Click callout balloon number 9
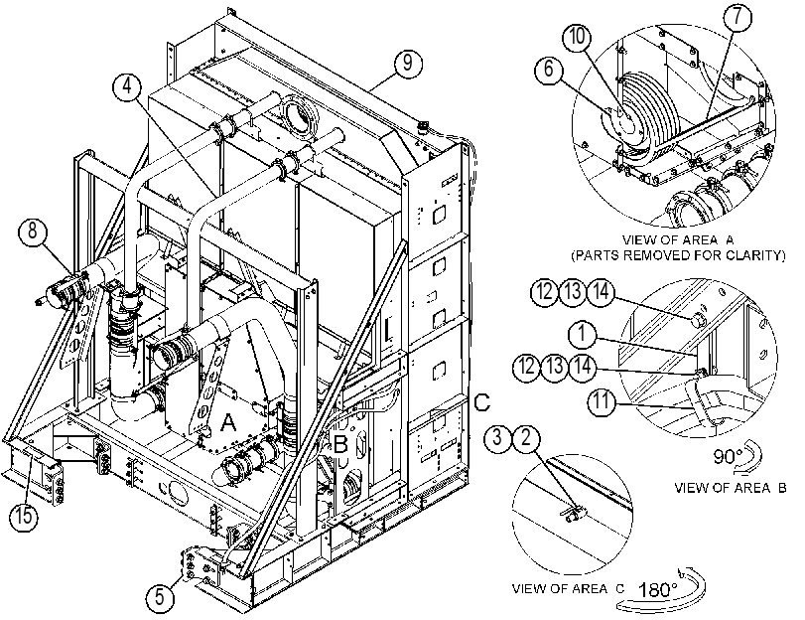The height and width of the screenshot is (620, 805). tap(408, 64)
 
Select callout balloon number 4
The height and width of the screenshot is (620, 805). tap(126, 85)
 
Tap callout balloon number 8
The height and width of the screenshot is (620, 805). tap(33, 232)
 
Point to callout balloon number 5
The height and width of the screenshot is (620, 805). tap(160, 597)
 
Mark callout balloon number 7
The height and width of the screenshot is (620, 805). tap(738, 17)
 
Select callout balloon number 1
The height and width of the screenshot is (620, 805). tap(582, 334)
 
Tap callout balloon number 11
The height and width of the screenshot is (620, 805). tap(601, 400)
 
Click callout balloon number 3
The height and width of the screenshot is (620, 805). tap(497, 438)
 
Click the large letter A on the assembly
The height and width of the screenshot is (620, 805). tap(228, 423)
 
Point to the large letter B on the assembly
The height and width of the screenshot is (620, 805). tap(340, 444)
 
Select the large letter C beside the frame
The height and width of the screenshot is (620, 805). tap(482, 402)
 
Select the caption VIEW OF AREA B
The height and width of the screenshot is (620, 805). tap(730, 488)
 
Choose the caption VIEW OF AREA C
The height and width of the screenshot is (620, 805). tap(568, 588)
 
